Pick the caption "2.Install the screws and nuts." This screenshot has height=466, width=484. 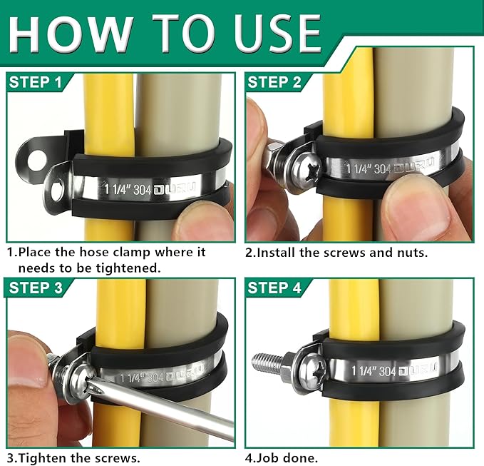(x=336, y=252)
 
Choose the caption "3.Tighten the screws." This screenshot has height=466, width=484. (x=73, y=457)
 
